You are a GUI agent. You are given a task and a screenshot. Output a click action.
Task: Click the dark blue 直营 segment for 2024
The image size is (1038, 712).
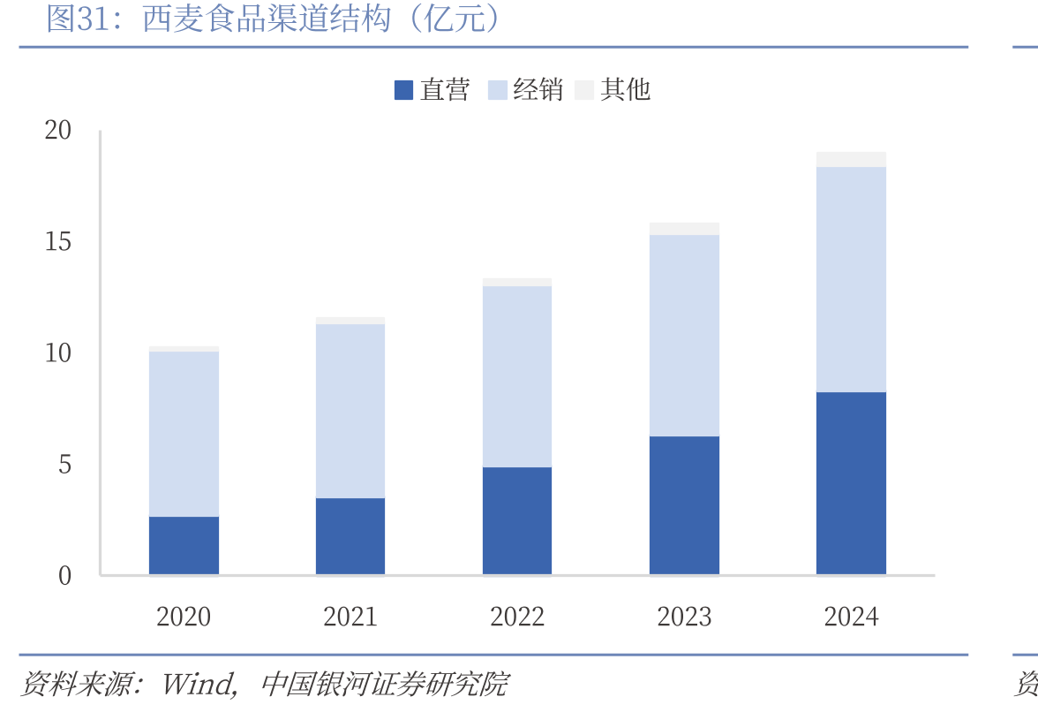(x=851, y=483)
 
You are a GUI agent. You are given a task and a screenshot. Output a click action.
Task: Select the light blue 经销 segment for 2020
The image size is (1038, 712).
(x=184, y=434)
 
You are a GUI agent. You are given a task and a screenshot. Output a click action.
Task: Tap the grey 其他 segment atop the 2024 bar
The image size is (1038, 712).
(x=851, y=159)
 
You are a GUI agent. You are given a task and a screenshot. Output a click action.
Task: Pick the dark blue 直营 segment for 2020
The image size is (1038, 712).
(x=184, y=545)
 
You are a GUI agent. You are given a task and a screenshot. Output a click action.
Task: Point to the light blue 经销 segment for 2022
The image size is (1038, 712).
(x=517, y=376)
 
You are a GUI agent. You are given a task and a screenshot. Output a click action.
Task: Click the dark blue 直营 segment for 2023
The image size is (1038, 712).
(x=684, y=504)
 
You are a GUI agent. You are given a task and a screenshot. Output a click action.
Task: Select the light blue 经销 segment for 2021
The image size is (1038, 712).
(x=350, y=411)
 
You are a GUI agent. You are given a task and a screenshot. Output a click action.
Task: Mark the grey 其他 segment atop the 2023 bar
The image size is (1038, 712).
(x=684, y=229)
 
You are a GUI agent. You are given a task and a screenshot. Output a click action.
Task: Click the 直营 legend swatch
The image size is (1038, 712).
(x=404, y=90)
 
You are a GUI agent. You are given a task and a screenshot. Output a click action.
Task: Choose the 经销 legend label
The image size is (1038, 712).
(x=538, y=89)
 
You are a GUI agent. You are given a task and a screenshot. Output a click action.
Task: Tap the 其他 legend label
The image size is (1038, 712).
(x=625, y=89)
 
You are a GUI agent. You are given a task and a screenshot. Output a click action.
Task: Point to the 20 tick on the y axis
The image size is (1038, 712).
(x=57, y=130)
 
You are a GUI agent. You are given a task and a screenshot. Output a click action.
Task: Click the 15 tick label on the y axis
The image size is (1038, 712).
(x=57, y=241)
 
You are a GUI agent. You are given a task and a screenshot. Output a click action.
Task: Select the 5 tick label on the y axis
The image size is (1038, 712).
(x=65, y=465)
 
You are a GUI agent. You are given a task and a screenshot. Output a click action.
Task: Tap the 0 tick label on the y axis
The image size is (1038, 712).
(x=65, y=576)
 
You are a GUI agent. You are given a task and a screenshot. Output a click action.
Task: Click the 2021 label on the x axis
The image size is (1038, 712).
(x=350, y=617)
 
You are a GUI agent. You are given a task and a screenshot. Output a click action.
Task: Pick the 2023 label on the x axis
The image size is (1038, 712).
(x=684, y=617)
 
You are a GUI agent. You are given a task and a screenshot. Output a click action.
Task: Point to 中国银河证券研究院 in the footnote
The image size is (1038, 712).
(x=385, y=685)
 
